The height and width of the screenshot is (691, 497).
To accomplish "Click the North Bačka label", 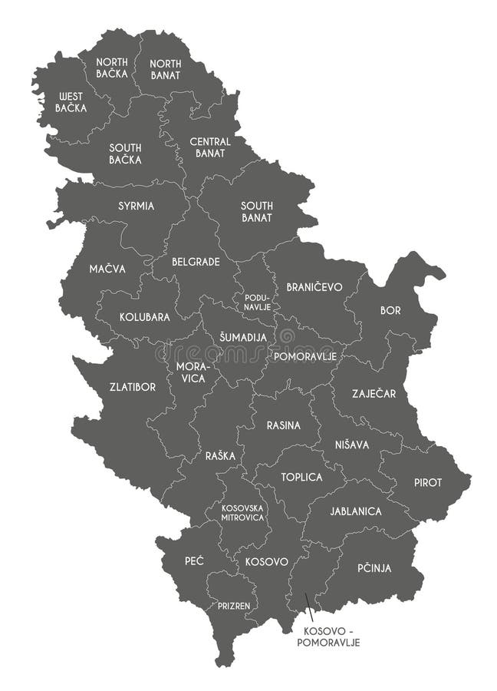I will point(112,68).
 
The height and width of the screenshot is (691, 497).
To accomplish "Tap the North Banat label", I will point(165,69).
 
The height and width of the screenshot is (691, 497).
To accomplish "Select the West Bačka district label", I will point(71,102).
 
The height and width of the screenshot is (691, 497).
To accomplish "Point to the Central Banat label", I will point(210,147).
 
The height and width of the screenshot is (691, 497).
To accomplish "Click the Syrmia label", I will point(136,206).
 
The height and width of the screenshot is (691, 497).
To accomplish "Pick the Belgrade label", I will point(196,262).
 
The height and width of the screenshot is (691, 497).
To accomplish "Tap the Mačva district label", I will point(107,269).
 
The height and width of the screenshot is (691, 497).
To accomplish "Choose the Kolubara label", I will point(144,316).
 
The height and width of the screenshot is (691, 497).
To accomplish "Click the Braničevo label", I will point(314,286).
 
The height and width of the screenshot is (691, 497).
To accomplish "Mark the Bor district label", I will point(390,311).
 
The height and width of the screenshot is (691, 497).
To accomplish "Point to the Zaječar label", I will point(374,394).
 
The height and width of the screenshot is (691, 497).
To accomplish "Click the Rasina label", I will point(283,425).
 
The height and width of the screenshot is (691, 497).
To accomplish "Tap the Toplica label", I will point(301,477).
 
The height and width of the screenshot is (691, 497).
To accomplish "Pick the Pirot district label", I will point(428,482).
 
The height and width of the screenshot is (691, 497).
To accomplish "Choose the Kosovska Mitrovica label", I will point(242,512).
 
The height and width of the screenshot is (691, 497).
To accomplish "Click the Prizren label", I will point(233,606).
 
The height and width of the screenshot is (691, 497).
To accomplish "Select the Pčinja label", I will point(374,568).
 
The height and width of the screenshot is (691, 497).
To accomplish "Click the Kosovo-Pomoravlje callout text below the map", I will point(331,636).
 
